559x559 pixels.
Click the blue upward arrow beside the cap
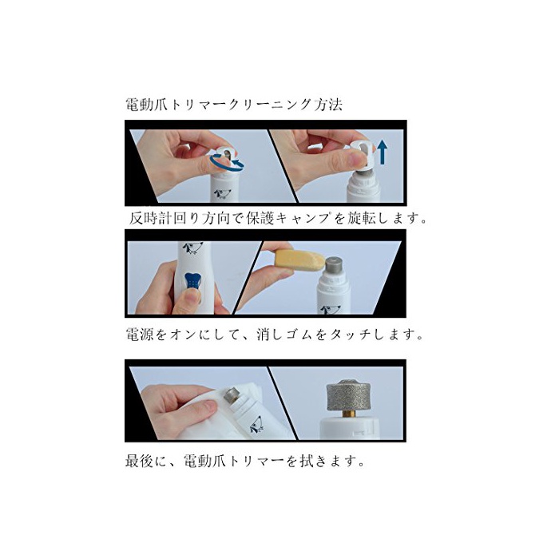coord(383,152)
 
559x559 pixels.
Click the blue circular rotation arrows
coord(227,161)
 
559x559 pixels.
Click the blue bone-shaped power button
coord(193,282)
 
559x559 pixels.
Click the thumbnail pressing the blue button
coord(192,296)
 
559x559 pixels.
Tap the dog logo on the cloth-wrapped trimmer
coord(256,424)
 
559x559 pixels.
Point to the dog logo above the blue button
coord(192,248)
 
